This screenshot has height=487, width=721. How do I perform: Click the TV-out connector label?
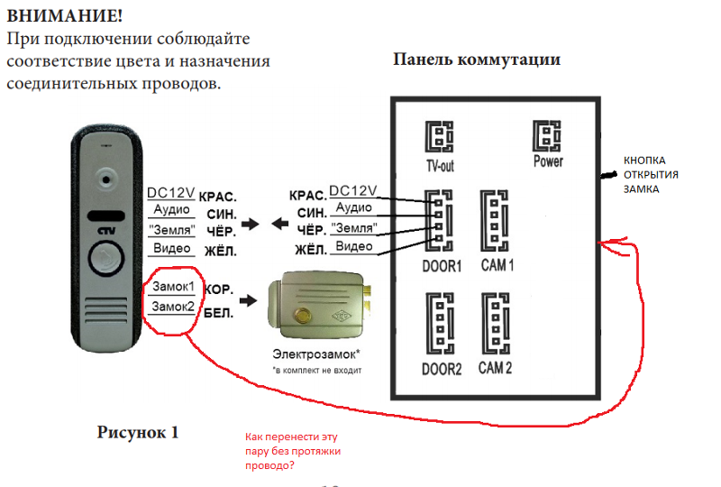pos(440,166)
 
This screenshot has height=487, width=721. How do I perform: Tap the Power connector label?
pos(548,161)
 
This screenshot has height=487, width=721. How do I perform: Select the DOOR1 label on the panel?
pos(442,267)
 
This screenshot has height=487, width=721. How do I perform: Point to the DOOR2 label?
pos(442,369)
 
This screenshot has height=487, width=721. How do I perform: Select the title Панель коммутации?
pos(477,60)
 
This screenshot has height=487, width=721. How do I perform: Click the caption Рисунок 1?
pos(138,432)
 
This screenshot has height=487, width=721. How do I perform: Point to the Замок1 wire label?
pos(174,287)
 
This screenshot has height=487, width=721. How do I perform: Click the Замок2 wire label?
pos(174,307)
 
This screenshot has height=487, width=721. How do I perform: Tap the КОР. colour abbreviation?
pos(220,291)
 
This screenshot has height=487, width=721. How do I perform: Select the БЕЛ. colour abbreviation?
pos(220,313)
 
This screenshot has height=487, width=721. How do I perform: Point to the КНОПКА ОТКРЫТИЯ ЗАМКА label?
pos(652,175)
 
